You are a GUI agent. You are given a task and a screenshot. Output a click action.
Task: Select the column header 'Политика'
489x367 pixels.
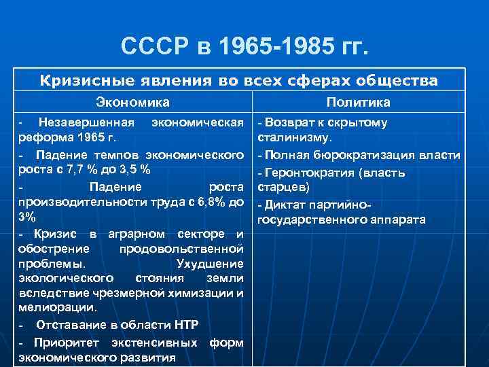pyautogui.click(x=358, y=103)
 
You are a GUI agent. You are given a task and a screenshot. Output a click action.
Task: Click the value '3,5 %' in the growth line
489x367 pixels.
pyautogui.click(x=133, y=170)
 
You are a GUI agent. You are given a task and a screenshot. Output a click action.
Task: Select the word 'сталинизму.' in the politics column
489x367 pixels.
pyautogui.click(x=293, y=139)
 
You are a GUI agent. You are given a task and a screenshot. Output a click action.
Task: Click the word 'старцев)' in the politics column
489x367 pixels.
pyautogui.click(x=281, y=187)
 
